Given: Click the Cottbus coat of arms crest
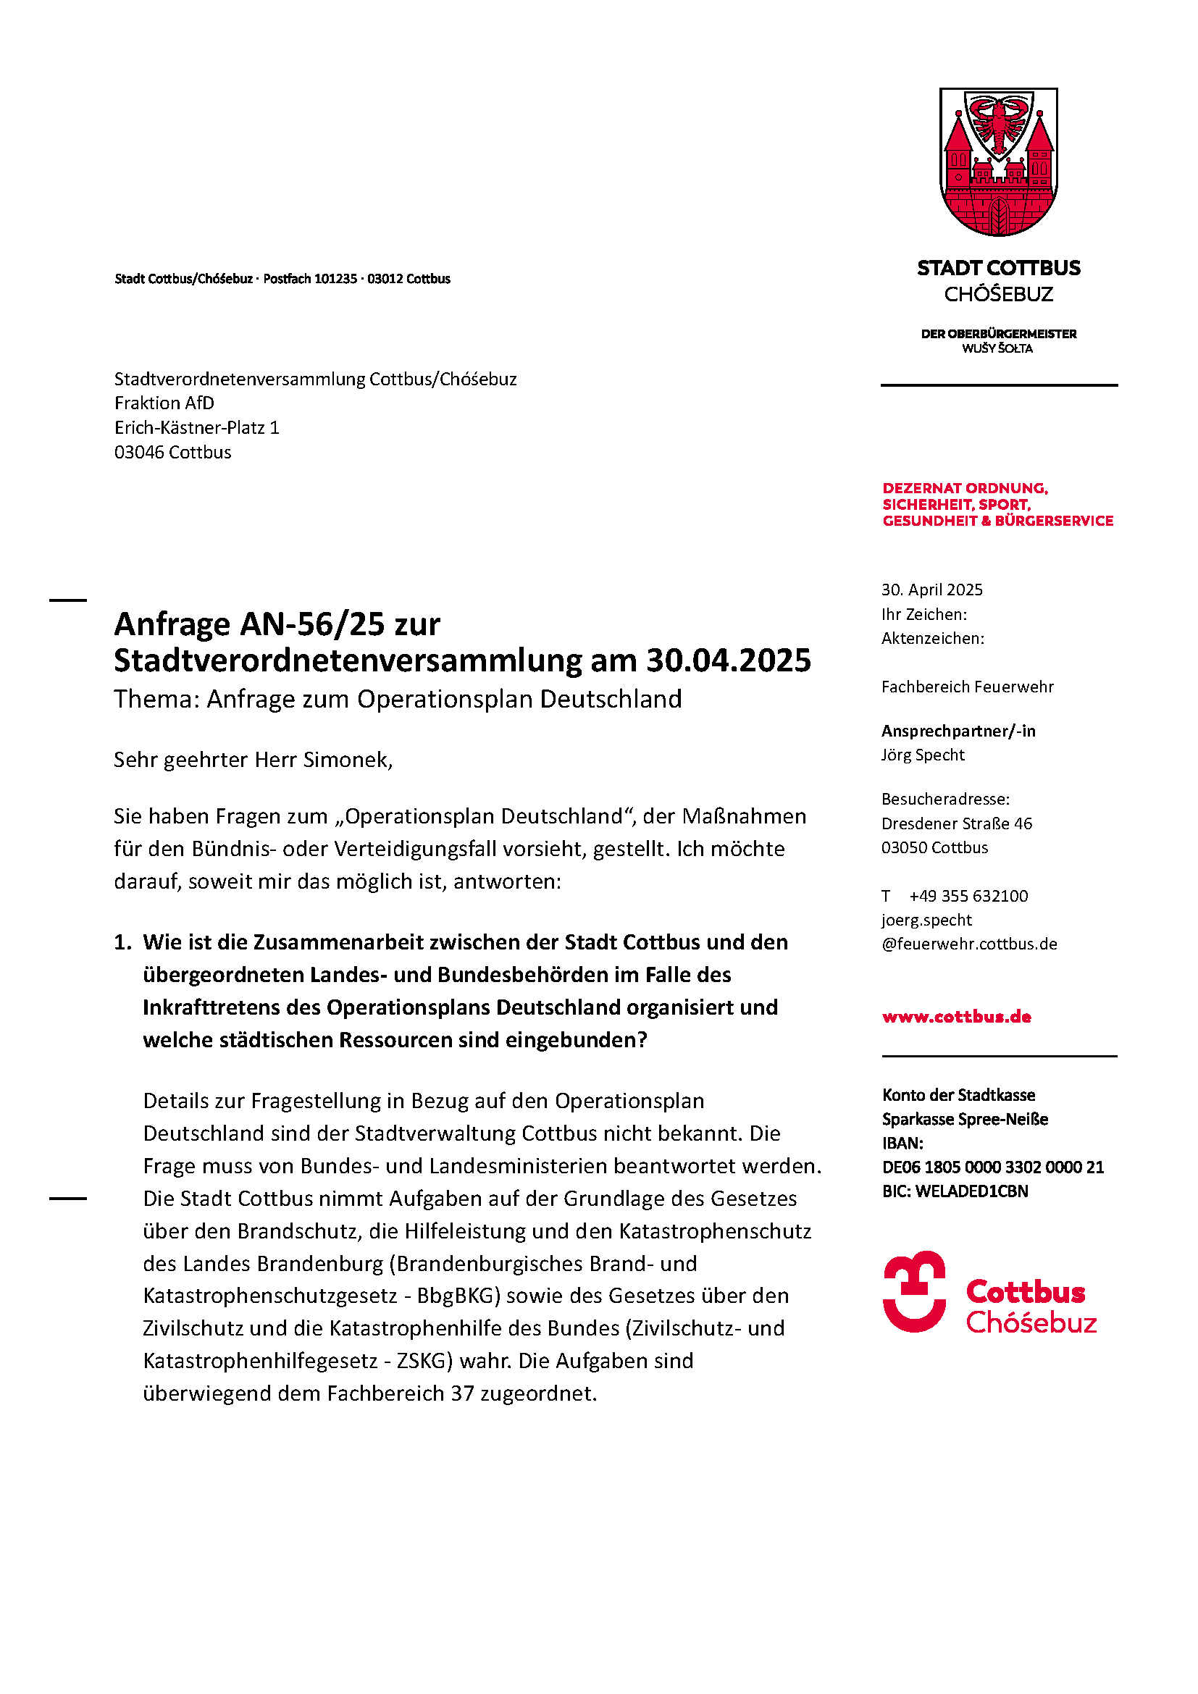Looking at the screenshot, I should click(x=998, y=162).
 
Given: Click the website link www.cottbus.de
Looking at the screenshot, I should click(x=956, y=1017).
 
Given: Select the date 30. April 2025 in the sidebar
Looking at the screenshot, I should click(x=931, y=590).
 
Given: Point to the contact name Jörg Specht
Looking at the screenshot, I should click(x=923, y=755).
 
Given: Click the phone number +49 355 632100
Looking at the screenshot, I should click(x=968, y=896).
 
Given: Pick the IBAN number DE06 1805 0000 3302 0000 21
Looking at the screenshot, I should click(x=993, y=1167).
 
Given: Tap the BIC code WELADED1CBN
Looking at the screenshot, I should click(x=971, y=1191).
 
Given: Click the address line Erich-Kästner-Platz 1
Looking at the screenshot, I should click(x=196, y=428).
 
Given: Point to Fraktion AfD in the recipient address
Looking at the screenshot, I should click(x=164, y=403).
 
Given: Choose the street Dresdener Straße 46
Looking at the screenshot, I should click(x=957, y=823).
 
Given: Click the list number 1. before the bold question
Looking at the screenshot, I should click(x=122, y=942).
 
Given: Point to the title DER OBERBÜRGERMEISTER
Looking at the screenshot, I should click(x=998, y=333).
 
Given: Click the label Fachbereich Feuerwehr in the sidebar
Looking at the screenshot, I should click(x=967, y=687).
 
